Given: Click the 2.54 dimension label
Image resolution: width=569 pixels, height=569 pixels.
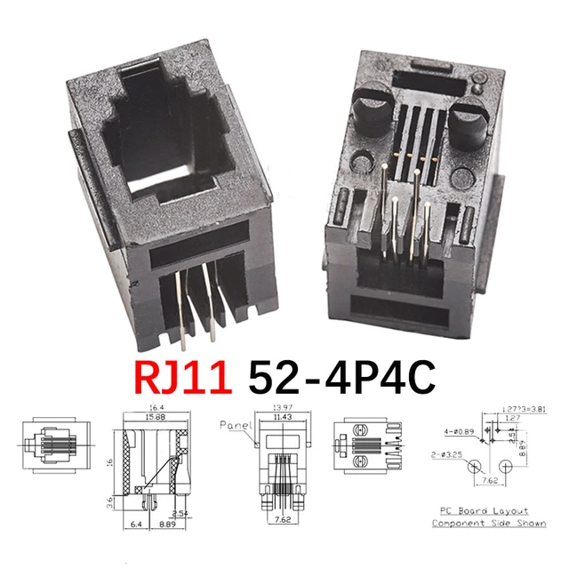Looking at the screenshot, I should (x=180, y=512).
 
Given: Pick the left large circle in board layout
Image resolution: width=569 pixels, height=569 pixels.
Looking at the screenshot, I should (x=476, y=466).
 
